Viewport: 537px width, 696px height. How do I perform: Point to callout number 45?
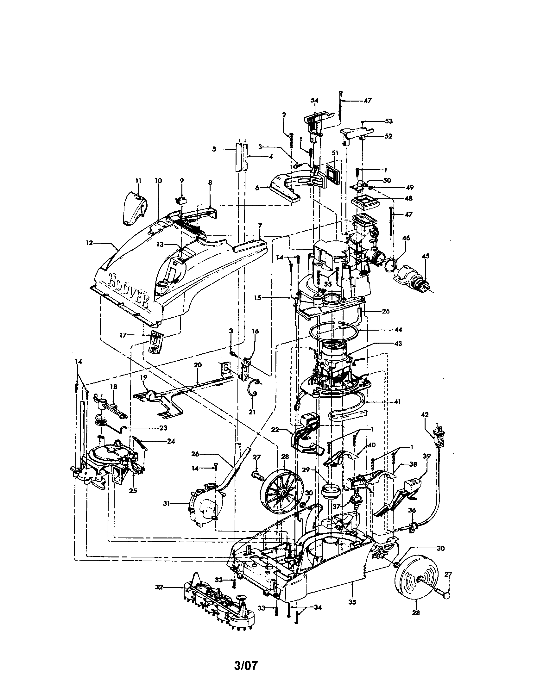426,256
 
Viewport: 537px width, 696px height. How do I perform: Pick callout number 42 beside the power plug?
425,415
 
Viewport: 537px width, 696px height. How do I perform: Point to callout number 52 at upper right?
389,136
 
